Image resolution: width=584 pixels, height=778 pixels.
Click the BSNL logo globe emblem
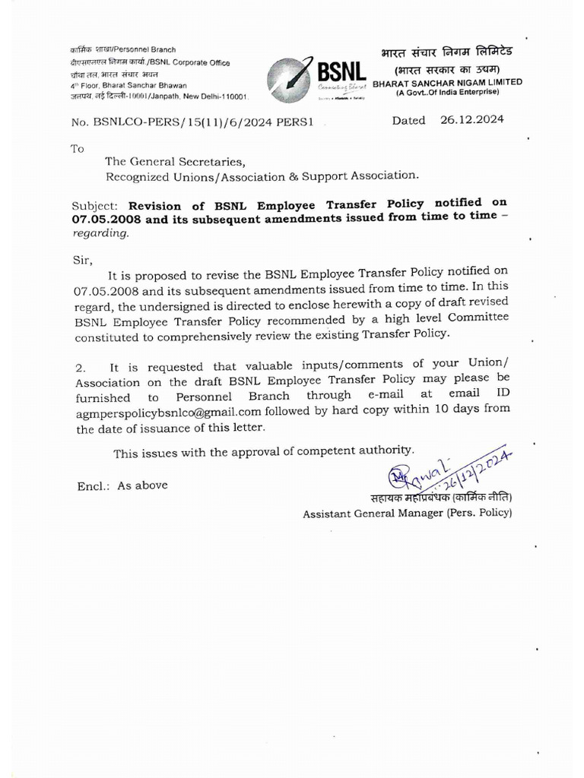pyautogui.click(x=288, y=75)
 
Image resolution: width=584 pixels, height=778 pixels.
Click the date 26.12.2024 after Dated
pyautogui.click(x=471, y=119)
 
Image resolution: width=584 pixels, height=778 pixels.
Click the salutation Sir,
pyautogui.click(x=83, y=259)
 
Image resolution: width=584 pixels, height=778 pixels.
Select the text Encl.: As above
pyautogui.click(x=122, y=485)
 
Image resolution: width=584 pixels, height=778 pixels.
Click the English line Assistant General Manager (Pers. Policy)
pyautogui.click(x=408, y=513)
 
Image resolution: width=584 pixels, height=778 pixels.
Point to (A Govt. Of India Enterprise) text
pyautogui.click(x=447, y=92)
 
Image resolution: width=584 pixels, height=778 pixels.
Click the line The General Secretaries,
pyautogui.click(x=176, y=161)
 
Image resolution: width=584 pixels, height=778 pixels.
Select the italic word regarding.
pyautogui.click(x=101, y=233)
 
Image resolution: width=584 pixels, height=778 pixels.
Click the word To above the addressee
pyautogui.click(x=77, y=148)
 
